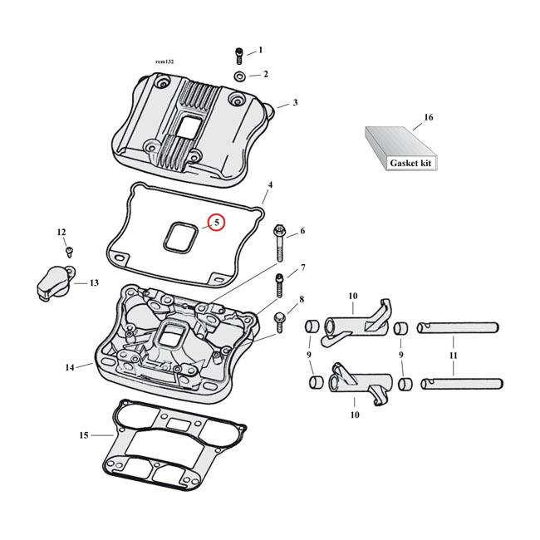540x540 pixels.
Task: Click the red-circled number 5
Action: tap(216, 223)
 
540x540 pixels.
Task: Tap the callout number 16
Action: tap(429, 118)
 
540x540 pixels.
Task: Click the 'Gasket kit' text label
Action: tap(411, 164)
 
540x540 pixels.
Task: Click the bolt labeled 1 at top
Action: tap(239, 55)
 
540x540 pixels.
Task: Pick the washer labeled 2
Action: tap(239, 76)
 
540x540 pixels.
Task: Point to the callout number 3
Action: tap(294, 103)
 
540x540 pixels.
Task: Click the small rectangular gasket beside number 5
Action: tap(179, 235)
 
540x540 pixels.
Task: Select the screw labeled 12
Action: tap(69, 250)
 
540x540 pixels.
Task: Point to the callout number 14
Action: tap(69, 366)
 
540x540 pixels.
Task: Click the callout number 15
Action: tap(82, 434)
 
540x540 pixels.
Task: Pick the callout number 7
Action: tap(302, 268)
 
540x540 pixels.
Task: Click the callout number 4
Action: tap(269, 184)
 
